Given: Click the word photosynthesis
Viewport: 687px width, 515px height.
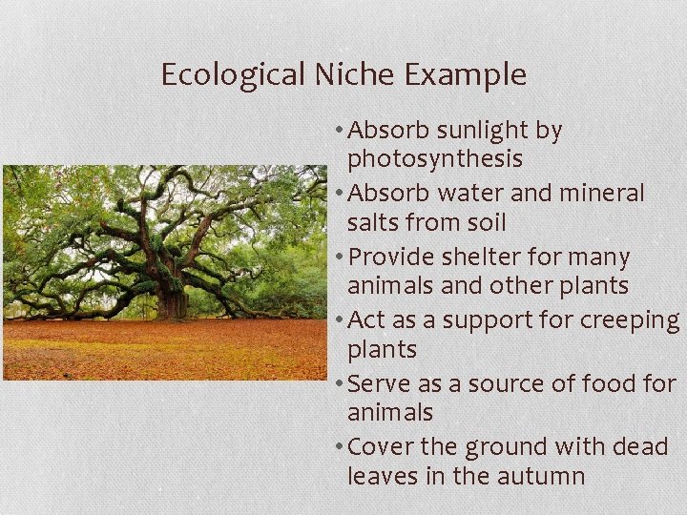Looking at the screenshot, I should (x=434, y=158).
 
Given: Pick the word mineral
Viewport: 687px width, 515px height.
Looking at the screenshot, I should (x=602, y=194).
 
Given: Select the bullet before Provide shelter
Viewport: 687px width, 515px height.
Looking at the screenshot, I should (x=340, y=258).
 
